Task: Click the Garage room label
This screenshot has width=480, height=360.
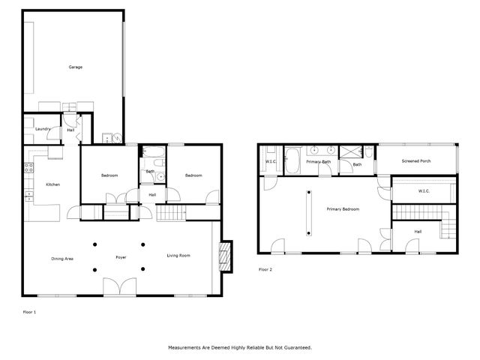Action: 75,67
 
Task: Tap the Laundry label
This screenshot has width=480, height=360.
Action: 43,129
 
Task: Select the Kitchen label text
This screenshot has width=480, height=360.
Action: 52,184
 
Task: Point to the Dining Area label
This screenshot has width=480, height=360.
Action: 62,258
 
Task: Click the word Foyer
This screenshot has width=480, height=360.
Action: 121,258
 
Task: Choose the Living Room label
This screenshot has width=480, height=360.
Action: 178,256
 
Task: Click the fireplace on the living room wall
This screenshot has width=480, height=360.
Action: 224,256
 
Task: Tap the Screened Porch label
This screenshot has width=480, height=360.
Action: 416,161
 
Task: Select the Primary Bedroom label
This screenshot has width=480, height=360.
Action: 343,209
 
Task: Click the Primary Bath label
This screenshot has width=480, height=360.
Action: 318,162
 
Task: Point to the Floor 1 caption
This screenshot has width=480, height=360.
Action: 29,311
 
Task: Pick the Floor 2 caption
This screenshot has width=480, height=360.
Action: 265,269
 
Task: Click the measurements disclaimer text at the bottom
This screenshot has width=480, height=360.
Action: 239,348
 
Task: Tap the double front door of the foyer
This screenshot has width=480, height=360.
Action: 119,286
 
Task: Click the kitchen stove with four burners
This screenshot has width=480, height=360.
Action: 29,167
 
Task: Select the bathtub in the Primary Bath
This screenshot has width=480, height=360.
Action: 292,161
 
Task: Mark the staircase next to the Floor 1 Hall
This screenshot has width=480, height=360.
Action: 171,213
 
